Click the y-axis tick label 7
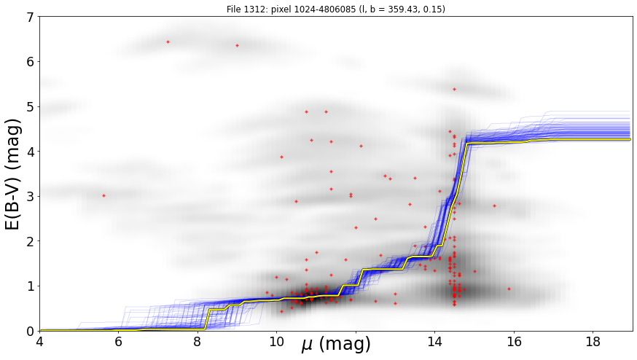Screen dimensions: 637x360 coord(31,17)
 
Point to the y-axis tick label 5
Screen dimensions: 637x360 coord(31,107)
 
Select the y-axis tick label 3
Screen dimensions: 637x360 coord(31,197)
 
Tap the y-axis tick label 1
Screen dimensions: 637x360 coord(31,286)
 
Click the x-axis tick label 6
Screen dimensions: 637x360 coord(118,342)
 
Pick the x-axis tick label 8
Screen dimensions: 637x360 coord(198,342)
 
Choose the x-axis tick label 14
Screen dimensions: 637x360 coord(434,342)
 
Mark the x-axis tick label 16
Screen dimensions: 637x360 coord(514,342)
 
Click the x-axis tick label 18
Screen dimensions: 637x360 coord(593,342)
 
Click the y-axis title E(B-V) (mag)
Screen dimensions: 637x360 coord(14,174)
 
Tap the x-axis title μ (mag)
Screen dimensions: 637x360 coord(336,345)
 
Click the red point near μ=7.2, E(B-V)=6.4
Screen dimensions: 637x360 coord(168,42)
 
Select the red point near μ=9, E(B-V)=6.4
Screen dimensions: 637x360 coord(238,45)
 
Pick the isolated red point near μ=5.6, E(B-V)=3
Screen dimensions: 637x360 coord(103,195)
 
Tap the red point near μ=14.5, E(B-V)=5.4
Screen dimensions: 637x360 coord(454,89)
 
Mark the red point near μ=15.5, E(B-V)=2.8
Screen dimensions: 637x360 coord(494,206)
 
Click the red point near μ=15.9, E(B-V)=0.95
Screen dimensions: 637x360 coord(509,289)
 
